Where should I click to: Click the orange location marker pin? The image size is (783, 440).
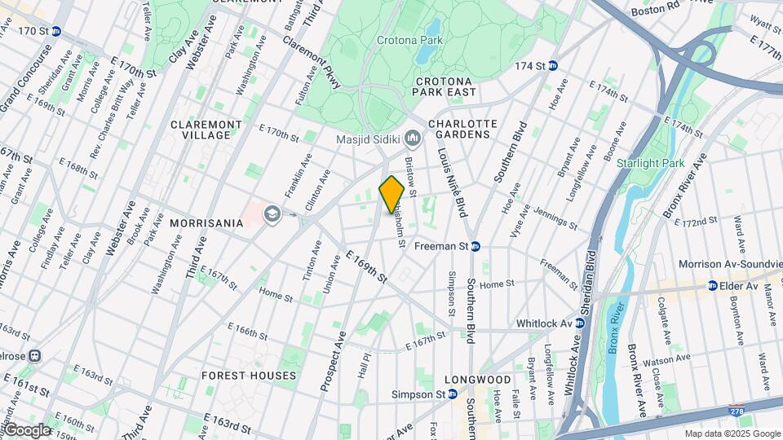tap(391, 194)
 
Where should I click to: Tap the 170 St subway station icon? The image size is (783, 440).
tap(55, 31)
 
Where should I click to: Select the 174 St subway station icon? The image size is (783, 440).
tap(552, 65)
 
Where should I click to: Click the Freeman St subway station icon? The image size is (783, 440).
tap(475, 246)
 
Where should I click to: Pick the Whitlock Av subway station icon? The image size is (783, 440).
tap(580, 323)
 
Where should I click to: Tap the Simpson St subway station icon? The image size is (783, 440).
tap(451, 394)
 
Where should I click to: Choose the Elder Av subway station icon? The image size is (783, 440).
tap(712, 286)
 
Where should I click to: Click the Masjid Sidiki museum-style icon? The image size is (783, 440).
tap(414, 139)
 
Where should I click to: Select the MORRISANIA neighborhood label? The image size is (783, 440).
tap(207, 222)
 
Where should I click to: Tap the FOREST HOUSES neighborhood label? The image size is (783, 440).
tap(250, 376)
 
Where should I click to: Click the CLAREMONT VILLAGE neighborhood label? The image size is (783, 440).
tap(206, 130)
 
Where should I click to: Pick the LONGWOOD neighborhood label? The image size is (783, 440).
tap(477, 380)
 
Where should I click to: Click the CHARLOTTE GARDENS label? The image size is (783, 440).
tap(462, 130)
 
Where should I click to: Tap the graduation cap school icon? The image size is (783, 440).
tap(272, 213)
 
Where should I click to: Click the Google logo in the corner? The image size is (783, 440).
tap(26, 429)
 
